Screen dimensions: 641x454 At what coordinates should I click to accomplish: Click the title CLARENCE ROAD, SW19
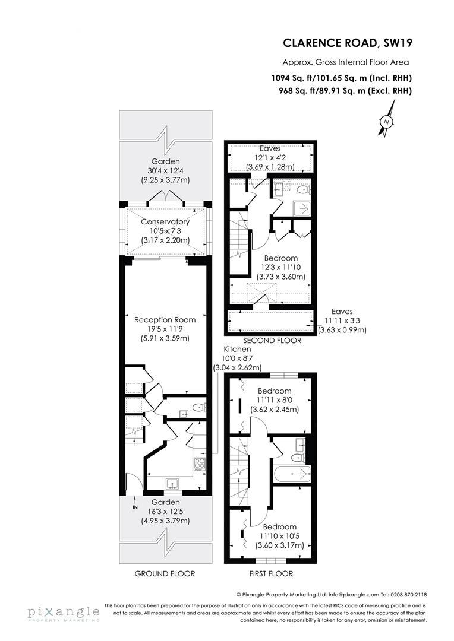click(x=347, y=43)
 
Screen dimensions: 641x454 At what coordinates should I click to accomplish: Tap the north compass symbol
click(x=387, y=122)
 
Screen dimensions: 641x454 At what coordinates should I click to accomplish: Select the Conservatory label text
click(x=165, y=221)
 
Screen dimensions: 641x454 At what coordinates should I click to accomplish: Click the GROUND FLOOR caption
click(x=165, y=573)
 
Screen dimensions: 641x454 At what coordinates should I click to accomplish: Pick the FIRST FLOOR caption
click(x=270, y=573)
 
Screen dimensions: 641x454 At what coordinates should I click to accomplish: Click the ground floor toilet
click(x=198, y=408)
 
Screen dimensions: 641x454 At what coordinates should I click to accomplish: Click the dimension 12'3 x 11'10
click(x=281, y=268)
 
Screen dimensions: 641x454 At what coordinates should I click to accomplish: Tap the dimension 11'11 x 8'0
click(x=275, y=401)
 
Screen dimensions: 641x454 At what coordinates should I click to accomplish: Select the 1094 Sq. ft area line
click(x=342, y=78)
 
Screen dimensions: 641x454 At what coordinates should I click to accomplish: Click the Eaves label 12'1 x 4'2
click(x=270, y=158)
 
